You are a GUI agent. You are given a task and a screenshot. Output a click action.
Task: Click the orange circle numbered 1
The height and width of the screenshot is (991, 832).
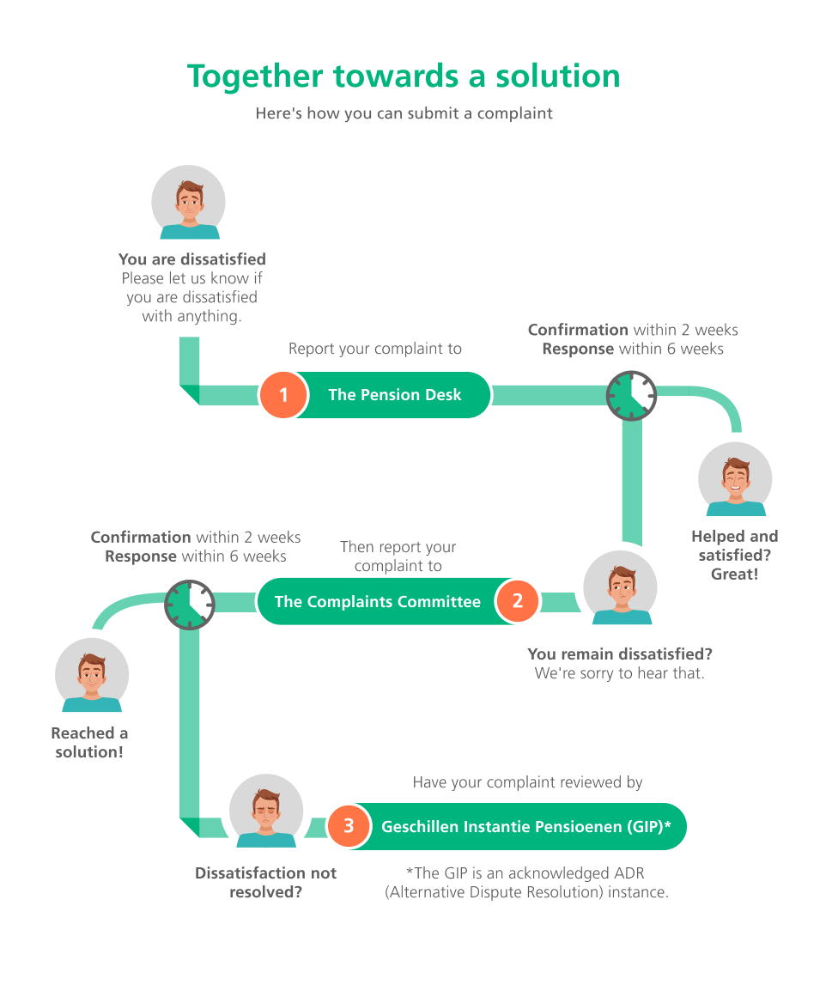point(283,394)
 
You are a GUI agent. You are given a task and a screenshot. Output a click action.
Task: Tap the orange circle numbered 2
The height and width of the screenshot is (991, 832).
point(518,600)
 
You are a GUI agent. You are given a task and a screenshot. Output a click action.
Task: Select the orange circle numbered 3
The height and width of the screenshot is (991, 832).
point(349,826)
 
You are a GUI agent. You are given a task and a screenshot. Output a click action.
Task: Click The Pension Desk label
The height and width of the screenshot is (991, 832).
point(395,394)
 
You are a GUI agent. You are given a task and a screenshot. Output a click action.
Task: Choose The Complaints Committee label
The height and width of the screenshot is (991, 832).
point(378,601)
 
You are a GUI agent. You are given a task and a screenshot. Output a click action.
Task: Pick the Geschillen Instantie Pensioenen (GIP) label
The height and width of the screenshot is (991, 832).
point(526,827)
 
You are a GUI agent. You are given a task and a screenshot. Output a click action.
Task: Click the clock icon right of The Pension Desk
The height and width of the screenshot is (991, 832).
point(631,396)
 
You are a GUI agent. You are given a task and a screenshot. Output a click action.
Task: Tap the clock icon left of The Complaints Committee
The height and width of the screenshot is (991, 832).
point(190,605)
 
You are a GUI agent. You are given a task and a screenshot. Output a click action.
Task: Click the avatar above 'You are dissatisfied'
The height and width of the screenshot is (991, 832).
point(188,203)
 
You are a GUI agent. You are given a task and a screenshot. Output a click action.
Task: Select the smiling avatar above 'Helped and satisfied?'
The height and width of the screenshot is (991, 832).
point(735,479)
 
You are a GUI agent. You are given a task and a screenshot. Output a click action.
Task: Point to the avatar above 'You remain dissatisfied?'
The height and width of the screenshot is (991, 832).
point(621,587)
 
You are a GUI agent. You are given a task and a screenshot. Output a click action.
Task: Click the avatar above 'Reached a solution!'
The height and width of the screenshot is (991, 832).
point(92,675)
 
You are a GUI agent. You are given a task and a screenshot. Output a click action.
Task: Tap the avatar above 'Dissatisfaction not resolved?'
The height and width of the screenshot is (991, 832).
point(266,811)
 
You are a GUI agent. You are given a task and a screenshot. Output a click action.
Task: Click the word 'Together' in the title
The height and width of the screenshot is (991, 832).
point(255,77)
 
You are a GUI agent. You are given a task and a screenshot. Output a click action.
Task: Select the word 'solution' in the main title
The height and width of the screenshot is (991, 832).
point(558,76)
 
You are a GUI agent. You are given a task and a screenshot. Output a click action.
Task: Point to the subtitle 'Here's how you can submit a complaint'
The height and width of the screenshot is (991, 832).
point(404,113)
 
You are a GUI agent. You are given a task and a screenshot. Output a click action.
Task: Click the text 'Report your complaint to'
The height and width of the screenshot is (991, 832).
point(375,349)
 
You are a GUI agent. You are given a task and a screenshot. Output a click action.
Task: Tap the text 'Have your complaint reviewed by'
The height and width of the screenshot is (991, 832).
point(527,782)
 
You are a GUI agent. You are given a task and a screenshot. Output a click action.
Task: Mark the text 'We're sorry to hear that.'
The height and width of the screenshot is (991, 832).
point(620,673)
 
